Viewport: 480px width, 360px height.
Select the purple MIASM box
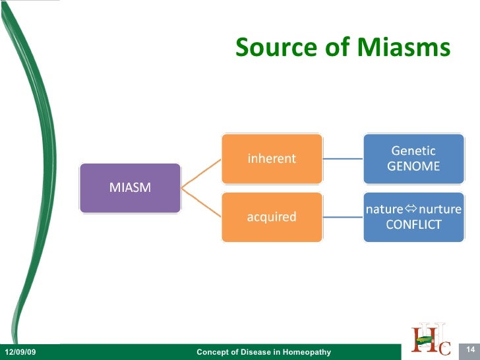(x=130, y=188)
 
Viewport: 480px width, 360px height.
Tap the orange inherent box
(x=272, y=158)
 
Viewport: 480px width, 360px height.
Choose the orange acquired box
(x=272, y=216)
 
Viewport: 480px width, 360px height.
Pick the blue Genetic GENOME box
(x=413, y=158)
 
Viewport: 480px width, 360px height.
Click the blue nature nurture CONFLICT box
(x=413, y=216)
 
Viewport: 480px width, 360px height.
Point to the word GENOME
(x=413, y=166)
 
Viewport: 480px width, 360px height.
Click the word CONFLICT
(x=413, y=225)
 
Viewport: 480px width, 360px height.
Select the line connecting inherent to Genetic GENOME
(x=343, y=159)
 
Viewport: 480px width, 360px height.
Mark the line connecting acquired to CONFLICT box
(x=343, y=217)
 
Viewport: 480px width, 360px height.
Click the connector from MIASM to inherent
(x=201, y=173)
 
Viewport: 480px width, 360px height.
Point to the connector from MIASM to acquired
(x=201, y=202)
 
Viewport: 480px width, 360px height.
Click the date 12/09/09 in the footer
(x=20, y=353)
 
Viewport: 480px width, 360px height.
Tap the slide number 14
(x=471, y=349)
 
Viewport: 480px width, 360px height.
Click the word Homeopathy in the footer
(x=307, y=353)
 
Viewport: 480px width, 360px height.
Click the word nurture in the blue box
(x=440, y=210)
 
